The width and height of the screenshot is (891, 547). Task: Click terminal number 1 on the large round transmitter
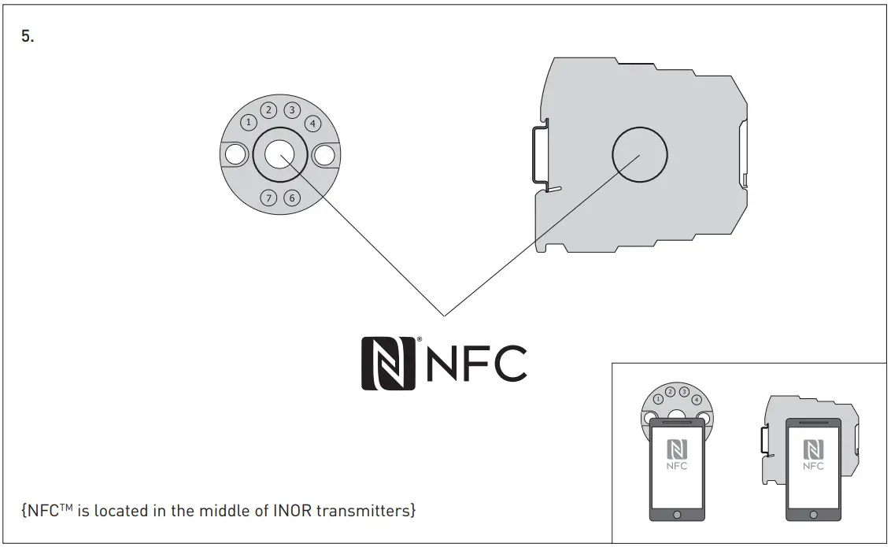click(249, 122)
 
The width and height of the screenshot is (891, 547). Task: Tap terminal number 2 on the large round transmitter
click(269, 110)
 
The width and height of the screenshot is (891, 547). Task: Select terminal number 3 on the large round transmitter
click(292, 110)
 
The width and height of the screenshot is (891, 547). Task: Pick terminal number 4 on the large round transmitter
click(312, 123)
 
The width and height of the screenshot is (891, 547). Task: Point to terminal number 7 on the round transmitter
click(269, 198)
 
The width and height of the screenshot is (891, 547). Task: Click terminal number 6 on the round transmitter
click(292, 198)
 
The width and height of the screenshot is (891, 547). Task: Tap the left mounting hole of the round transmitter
click(235, 155)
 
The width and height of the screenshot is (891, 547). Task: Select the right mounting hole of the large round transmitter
click(324, 155)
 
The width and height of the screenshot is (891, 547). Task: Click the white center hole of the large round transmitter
click(279, 155)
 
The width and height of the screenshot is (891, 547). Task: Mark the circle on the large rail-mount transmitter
click(640, 154)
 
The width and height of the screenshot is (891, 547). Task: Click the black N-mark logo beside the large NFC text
click(388, 363)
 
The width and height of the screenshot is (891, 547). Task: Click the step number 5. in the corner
click(28, 38)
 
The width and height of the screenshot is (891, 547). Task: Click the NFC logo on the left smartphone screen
click(677, 454)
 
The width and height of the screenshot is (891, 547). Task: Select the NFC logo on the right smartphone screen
click(813, 454)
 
